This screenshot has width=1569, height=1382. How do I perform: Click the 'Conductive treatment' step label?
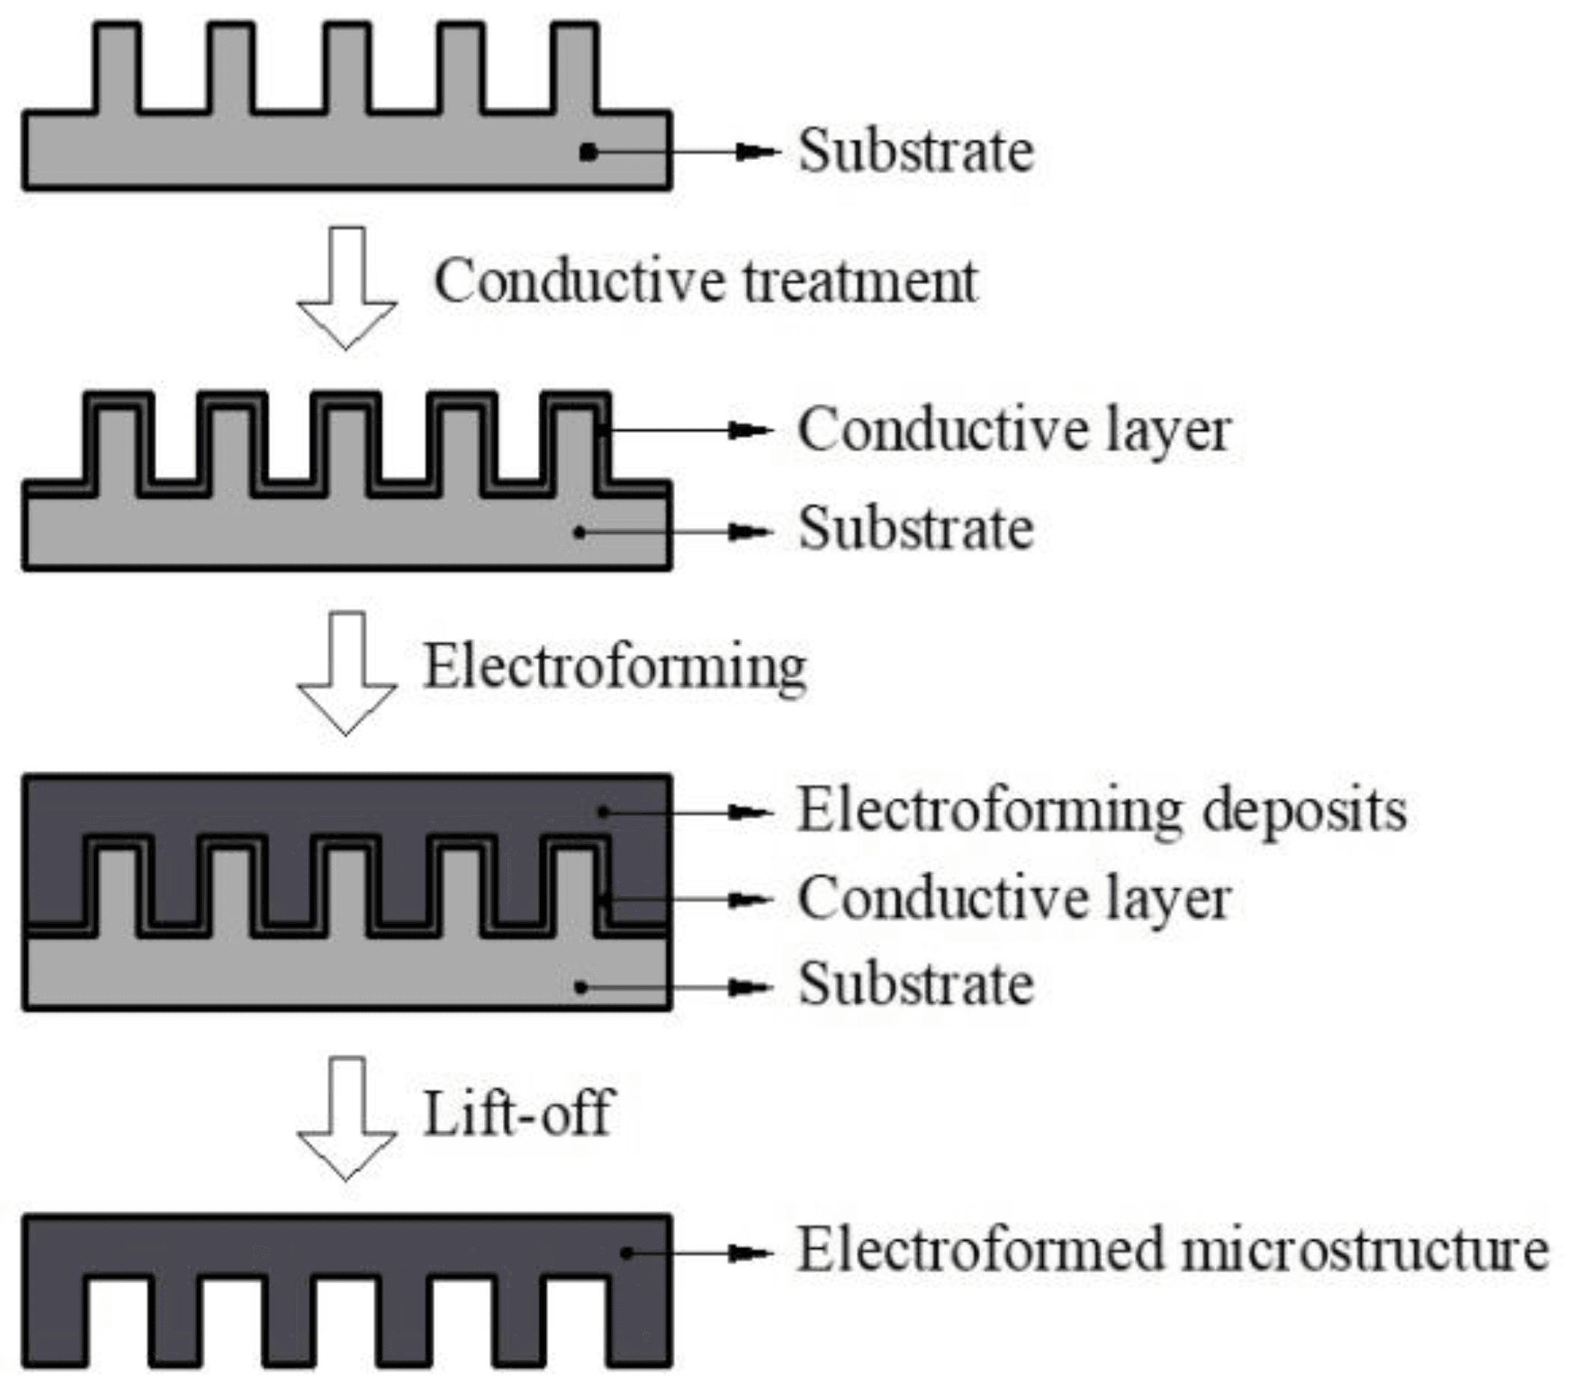point(706,282)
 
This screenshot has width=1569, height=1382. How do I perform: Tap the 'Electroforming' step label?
point(615,667)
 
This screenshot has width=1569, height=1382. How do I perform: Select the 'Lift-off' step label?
point(517,1114)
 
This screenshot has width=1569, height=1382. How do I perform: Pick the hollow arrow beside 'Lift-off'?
point(347,1120)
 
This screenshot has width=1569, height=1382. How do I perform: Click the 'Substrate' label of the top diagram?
point(916,150)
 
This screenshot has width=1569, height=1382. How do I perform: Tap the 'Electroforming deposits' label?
point(1102,811)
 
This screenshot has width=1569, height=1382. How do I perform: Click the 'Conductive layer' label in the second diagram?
point(1014,430)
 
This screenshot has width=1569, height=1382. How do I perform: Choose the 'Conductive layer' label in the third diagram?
point(1014,899)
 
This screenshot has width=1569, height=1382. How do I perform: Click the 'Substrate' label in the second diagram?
point(916,529)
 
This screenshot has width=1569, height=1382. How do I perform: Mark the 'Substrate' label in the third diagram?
point(916,984)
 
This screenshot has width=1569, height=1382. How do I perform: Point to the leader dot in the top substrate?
point(588,153)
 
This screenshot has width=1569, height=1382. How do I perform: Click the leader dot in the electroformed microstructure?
point(627,1253)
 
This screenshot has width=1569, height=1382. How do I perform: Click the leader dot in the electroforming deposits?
point(605,812)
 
